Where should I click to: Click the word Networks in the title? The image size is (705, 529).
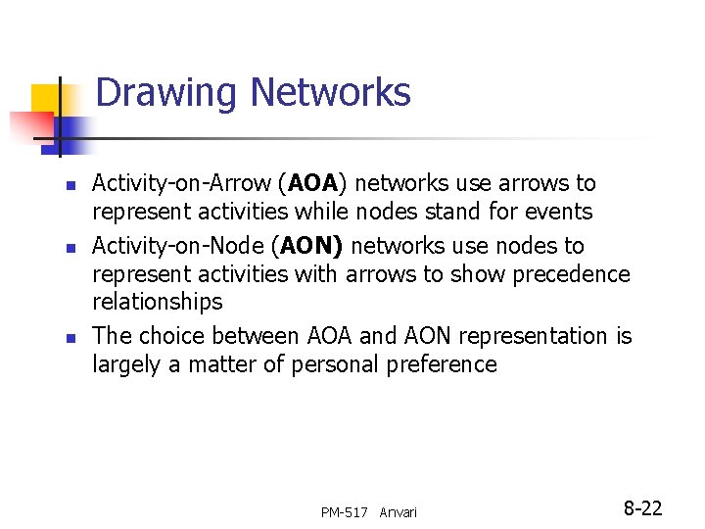tap(331, 93)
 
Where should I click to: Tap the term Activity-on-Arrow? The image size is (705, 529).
tap(182, 183)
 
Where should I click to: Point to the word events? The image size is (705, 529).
tap(558, 212)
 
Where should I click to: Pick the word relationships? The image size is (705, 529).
tap(158, 302)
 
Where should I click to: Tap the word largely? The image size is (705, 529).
tap(124, 365)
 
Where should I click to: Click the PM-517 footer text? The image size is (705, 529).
tap(344, 512)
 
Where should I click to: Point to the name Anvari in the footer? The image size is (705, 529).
tap(398, 512)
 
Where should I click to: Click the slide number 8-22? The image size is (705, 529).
tap(643, 508)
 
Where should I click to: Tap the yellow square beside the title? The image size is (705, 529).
tap(47, 101)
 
